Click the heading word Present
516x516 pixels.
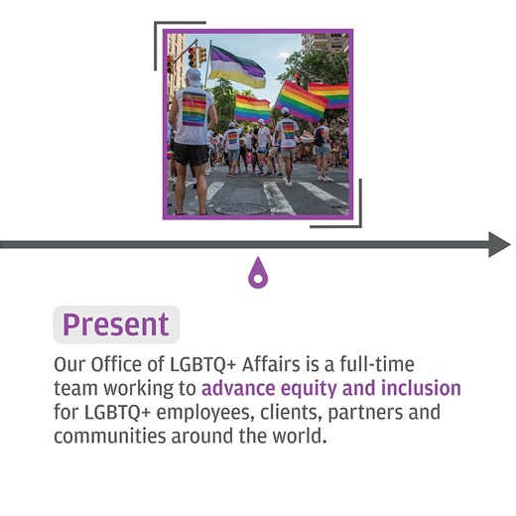[x=115, y=324]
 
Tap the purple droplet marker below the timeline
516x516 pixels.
[x=257, y=272]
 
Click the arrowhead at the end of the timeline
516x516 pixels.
[x=499, y=244]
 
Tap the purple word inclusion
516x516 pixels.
[x=421, y=387]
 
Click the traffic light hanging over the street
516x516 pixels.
[x=193, y=57]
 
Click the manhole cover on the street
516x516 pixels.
[x=239, y=209]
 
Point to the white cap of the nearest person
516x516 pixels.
[x=193, y=76]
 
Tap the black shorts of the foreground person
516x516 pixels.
[x=191, y=154]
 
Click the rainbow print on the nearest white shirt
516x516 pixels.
[x=193, y=109]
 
